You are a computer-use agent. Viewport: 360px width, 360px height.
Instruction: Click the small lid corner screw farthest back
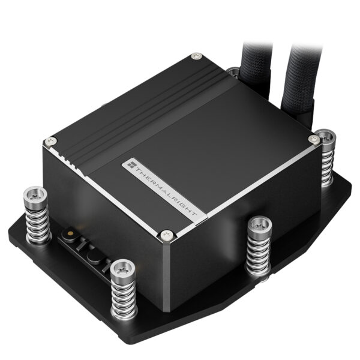point(195,56)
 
